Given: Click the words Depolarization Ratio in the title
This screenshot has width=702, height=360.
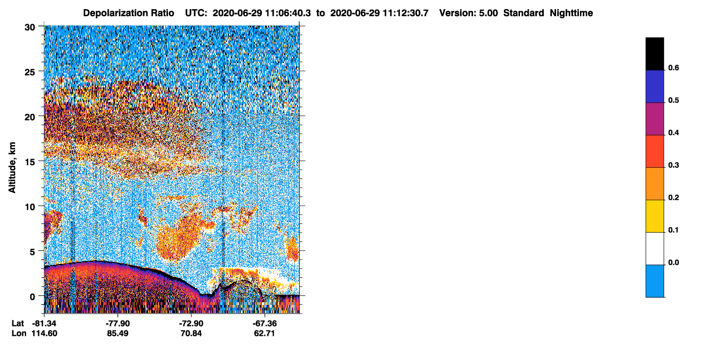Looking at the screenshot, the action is [x=129, y=13].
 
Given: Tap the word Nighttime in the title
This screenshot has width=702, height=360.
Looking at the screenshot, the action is [x=571, y=13].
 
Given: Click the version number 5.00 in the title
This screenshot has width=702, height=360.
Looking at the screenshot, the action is [x=488, y=13].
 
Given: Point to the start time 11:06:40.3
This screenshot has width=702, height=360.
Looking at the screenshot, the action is [x=288, y=13].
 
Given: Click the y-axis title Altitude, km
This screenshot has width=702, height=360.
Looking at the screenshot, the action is [x=12, y=167].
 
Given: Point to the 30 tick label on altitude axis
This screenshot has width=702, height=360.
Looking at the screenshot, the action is [x=30, y=28].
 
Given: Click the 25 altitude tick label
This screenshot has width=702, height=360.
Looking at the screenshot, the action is [x=30, y=72].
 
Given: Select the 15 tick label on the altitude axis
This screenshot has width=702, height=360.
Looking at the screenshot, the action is [x=30, y=162].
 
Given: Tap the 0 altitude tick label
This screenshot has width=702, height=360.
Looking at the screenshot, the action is [x=32, y=297].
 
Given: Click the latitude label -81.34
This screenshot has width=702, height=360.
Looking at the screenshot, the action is [x=44, y=323].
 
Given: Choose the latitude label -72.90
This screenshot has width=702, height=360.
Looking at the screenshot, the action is [x=191, y=323].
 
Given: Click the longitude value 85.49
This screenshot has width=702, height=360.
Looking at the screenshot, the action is [x=118, y=333].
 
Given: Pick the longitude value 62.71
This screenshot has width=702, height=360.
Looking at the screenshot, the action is [x=265, y=333].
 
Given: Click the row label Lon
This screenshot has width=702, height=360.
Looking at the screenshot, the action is [x=19, y=333].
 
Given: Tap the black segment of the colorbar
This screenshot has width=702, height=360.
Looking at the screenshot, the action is [x=654, y=54].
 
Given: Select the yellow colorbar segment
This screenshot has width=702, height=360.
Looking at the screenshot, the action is [x=654, y=216].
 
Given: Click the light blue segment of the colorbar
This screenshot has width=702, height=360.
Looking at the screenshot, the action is [x=654, y=281].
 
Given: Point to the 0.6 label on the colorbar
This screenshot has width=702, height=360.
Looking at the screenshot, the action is [x=673, y=67].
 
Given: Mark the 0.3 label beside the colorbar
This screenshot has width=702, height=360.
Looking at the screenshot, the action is [x=673, y=165].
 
